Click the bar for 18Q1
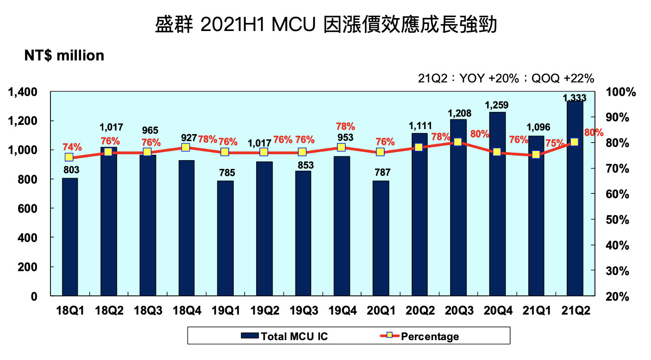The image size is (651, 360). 69,236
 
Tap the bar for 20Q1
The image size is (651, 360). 381,238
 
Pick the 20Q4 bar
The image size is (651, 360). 497,204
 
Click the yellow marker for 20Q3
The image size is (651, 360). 458,142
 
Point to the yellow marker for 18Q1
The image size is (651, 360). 69,157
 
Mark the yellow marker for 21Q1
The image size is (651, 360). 536,155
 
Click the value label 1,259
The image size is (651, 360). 497,106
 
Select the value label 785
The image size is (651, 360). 225,173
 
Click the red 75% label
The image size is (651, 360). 554,143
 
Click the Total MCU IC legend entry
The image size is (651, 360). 284,336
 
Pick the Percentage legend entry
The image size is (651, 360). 419,336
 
